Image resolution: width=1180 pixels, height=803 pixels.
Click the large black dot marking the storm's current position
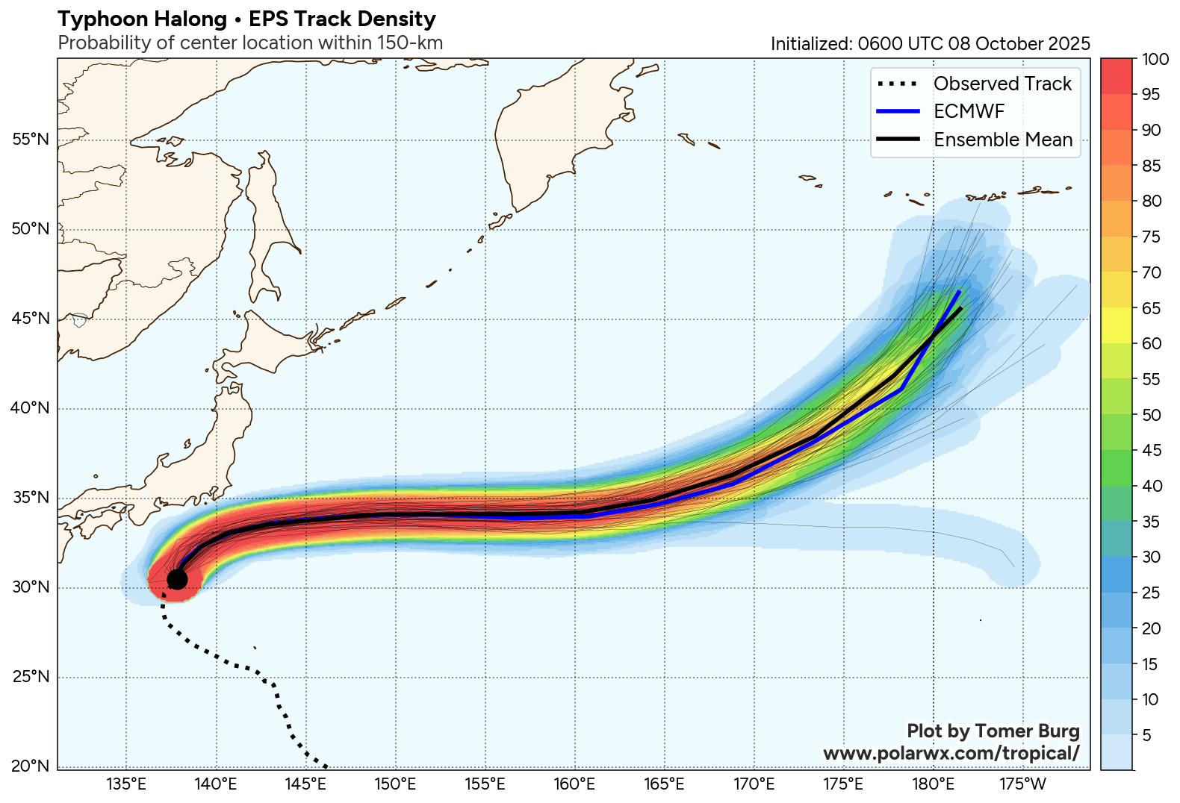177,579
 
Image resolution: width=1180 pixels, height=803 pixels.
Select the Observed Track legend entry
1002,84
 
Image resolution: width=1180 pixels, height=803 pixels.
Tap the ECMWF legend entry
969,111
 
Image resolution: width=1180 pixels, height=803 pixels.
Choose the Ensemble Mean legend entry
1002,140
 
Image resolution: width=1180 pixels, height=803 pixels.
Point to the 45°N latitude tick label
31,319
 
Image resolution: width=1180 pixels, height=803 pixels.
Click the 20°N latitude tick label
31,766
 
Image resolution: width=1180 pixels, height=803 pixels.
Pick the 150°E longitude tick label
395,784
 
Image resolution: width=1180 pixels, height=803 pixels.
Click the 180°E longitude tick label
933,784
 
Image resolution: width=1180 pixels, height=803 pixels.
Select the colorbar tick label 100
1155,60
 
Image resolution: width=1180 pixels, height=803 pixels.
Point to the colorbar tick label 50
1152,415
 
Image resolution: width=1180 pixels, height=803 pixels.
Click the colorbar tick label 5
1147,735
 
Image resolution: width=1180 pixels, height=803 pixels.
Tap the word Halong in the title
188,19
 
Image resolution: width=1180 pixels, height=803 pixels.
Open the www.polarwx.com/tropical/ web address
951,753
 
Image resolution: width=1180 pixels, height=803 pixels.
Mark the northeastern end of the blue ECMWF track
960,292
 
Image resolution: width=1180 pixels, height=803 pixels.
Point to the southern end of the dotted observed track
326,766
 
